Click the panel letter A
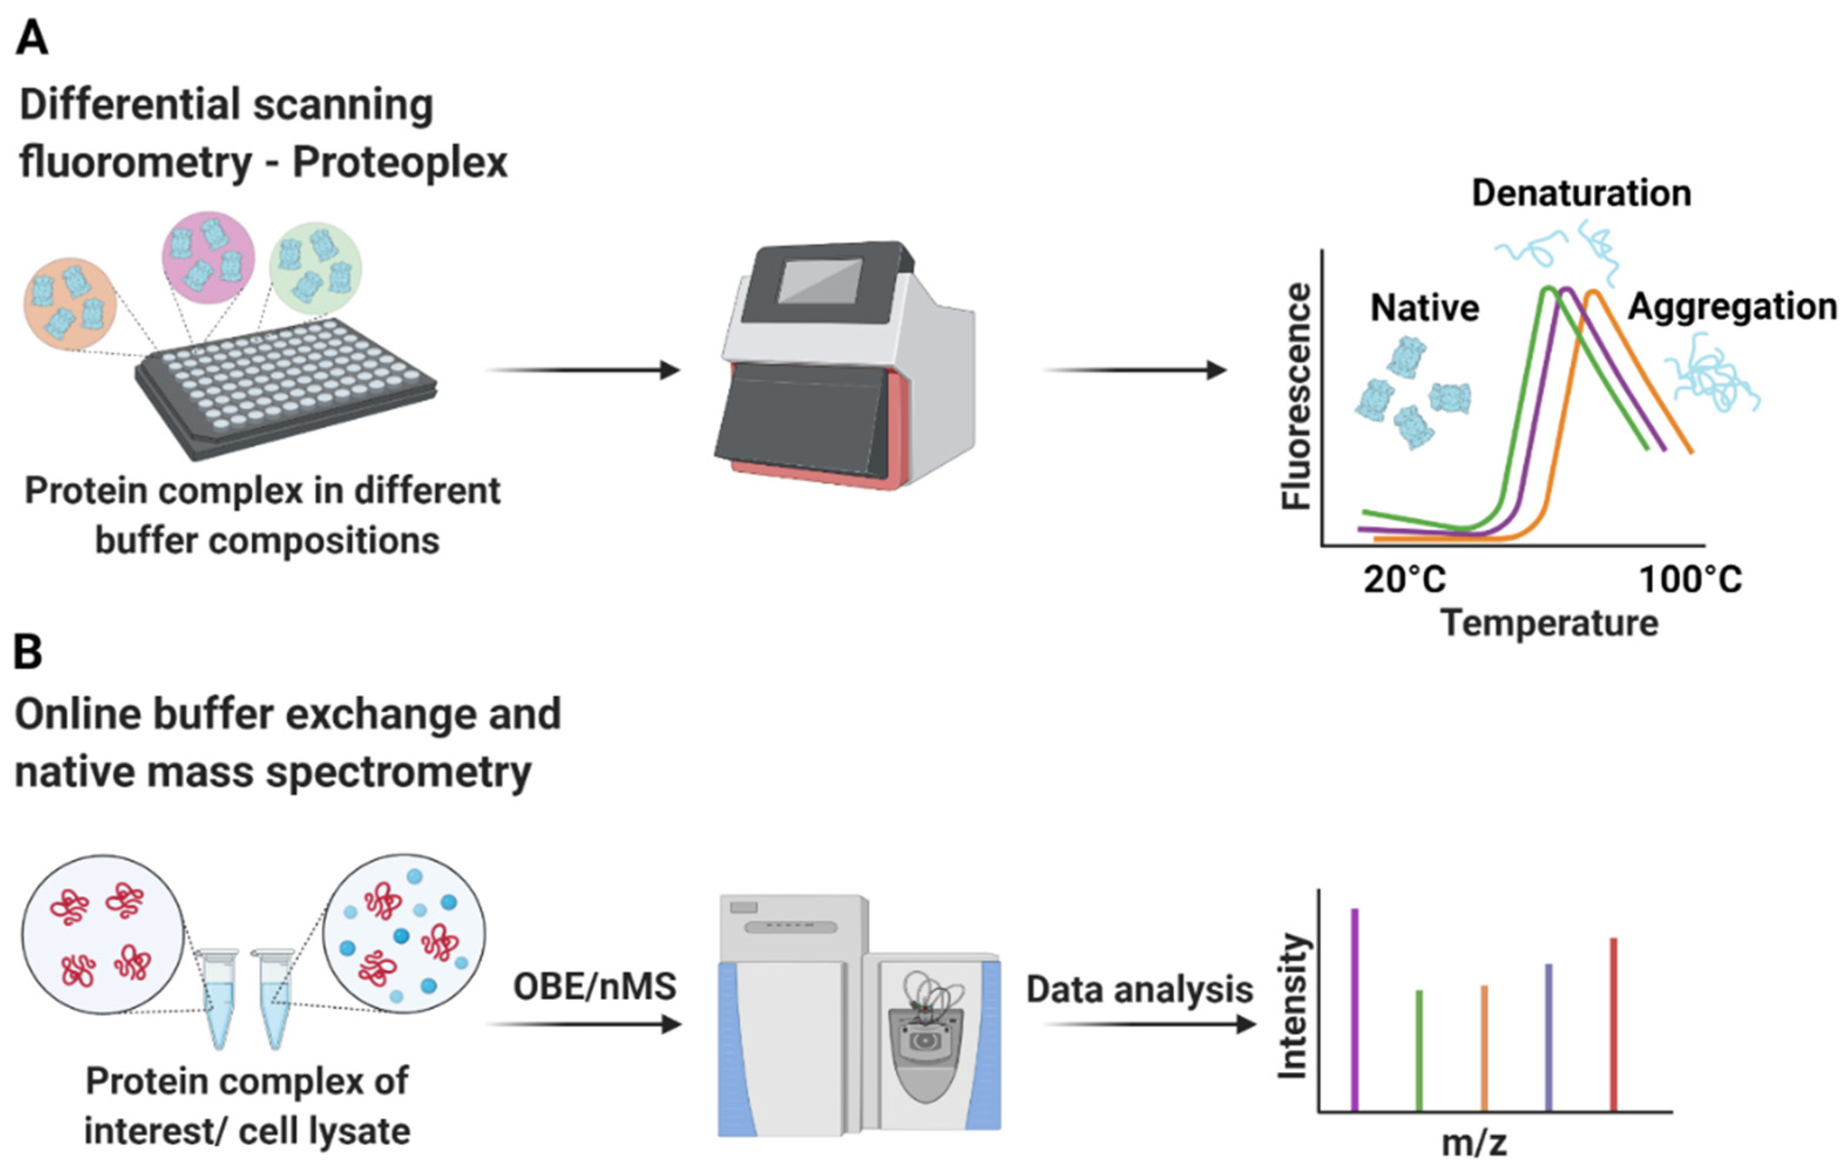tap(32, 38)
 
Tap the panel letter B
tap(28, 653)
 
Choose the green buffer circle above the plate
tap(316, 268)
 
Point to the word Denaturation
tap(1581, 193)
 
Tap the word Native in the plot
tap(1424, 308)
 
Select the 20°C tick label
tap(1404, 580)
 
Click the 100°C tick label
tap(1690, 580)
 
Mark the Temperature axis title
tap(1549, 623)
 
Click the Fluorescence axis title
tap(1296, 396)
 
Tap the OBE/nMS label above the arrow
tap(595, 987)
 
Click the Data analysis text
tap(1139, 989)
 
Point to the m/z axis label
tap(1474, 1143)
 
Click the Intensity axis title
tap(1293, 1005)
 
